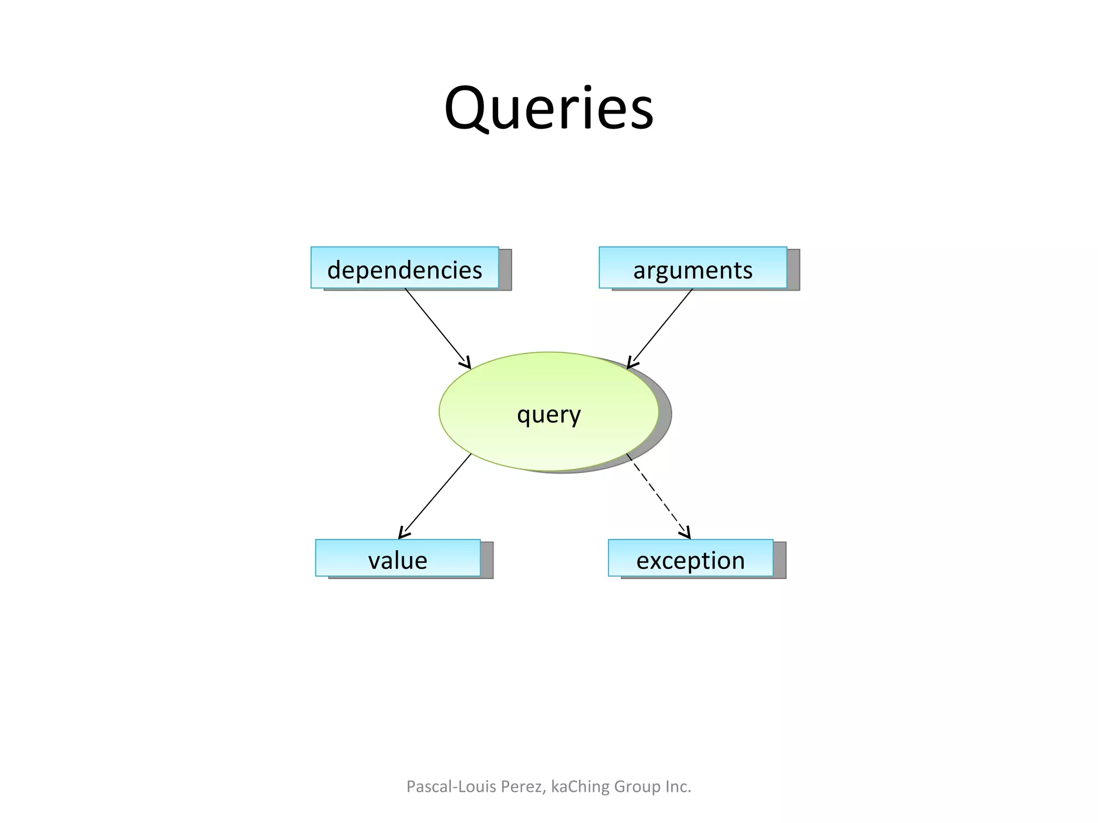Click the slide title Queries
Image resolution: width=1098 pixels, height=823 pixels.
tap(548, 109)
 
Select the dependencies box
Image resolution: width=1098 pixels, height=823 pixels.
tap(404, 268)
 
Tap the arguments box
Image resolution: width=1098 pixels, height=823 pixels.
tap(693, 268)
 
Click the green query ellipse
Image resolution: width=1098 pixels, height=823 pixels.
tap(548, 411)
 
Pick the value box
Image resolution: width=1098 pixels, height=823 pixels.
tap(398, 558)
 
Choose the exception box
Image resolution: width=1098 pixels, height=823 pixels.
tap(691, 558)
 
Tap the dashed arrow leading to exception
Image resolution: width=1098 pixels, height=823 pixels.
tap(658, 495)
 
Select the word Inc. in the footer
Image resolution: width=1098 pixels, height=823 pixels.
tap(678, 787)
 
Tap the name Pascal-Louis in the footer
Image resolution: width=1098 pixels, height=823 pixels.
tap(451, 787)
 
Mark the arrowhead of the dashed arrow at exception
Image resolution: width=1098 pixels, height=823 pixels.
tap(686, 534)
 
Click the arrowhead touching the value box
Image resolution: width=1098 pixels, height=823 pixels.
tap(403, 535)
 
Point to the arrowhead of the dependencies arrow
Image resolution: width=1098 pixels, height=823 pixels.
tap(466, 364)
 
